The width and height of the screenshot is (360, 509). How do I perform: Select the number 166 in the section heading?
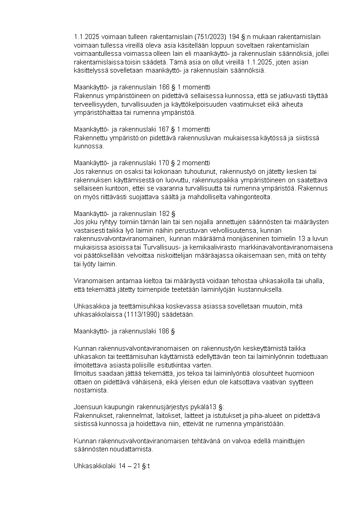[165, 87]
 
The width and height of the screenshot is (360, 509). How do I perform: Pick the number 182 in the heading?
[165, 213]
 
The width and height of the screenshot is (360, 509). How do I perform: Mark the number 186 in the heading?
[164, 331]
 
